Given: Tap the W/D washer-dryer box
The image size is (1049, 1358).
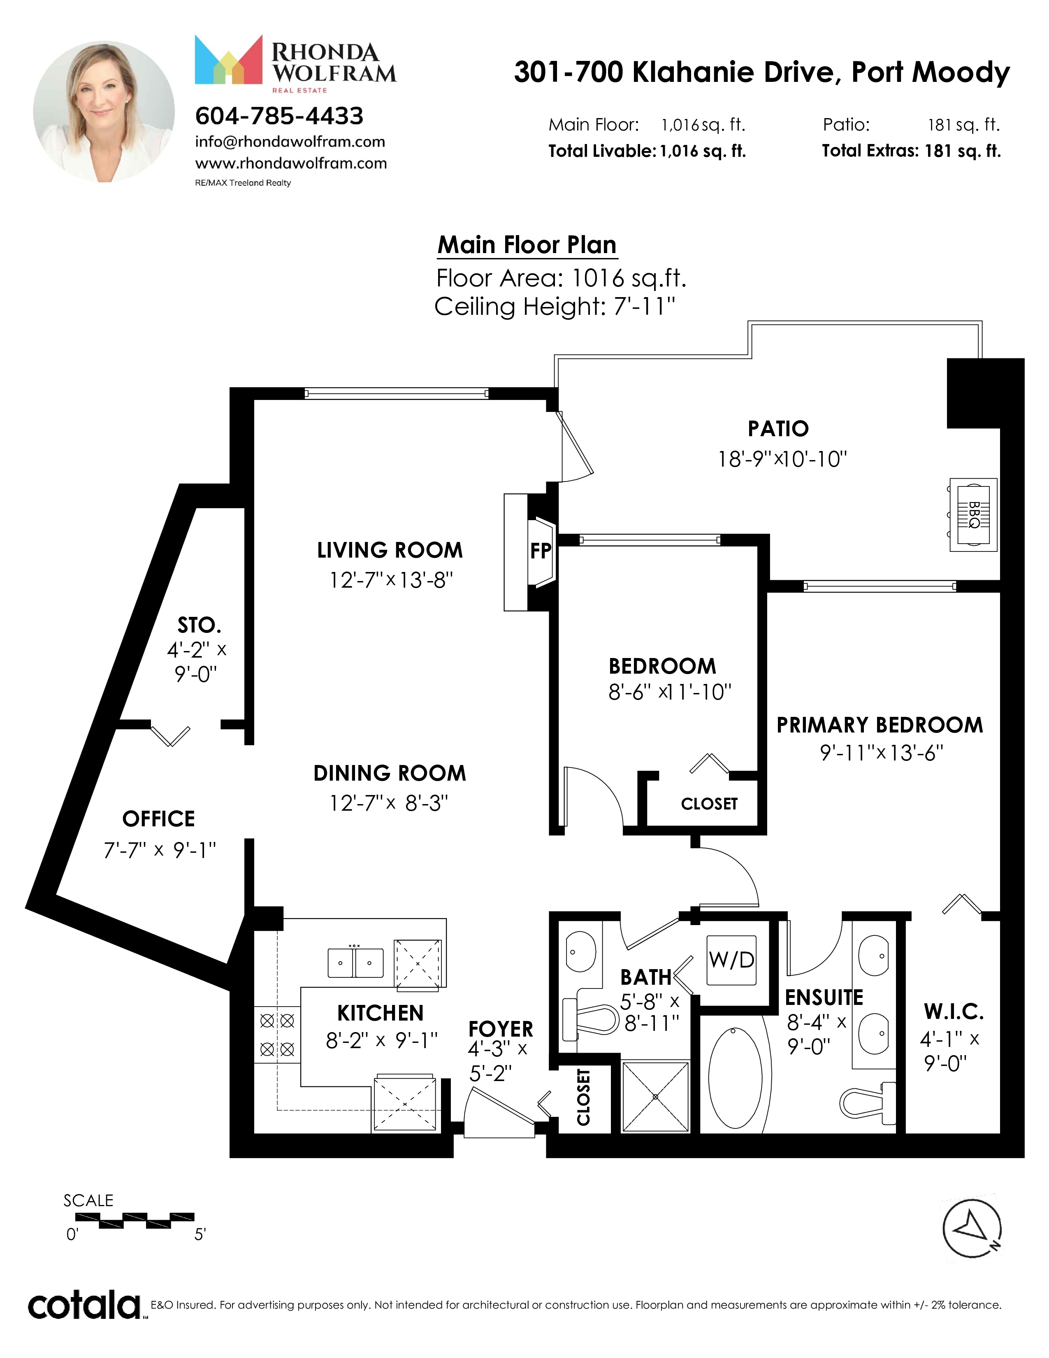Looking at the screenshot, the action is pyautogui.click(x=731, y=960).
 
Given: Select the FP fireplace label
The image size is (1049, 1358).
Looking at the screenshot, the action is pyautogui.click(x=541, y=550).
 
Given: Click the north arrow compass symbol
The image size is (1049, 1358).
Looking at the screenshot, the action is pyautogui.click(x=972, y=1229).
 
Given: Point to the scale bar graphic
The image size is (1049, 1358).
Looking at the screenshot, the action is pyautogui.click(x=134, y=1221).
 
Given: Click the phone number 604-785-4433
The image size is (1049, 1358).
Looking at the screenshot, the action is pyautogui.click(x=279, y=116).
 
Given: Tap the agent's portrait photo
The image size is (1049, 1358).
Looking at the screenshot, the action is pyautogui.click(x=104, y=112).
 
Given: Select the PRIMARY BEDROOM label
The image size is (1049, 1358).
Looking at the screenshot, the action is pyautogui.click(x=880, y=725).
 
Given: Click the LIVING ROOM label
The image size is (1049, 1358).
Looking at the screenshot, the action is pyautogui.click(x=390, y=550).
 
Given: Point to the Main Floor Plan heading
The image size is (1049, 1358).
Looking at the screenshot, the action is pyautogui.click(x=527, y=245).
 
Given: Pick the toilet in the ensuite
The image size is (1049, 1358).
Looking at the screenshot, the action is pyautogui.click(x=868, y=1100).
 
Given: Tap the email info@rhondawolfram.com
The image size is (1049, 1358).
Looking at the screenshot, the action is pyautogui.click(x=290, y=142).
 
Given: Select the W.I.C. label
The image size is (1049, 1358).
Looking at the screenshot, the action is pyautogui.click(x=953, y=1013).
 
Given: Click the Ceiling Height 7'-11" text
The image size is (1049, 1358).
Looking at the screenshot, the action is pyautogui.click(x=555, y=307).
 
